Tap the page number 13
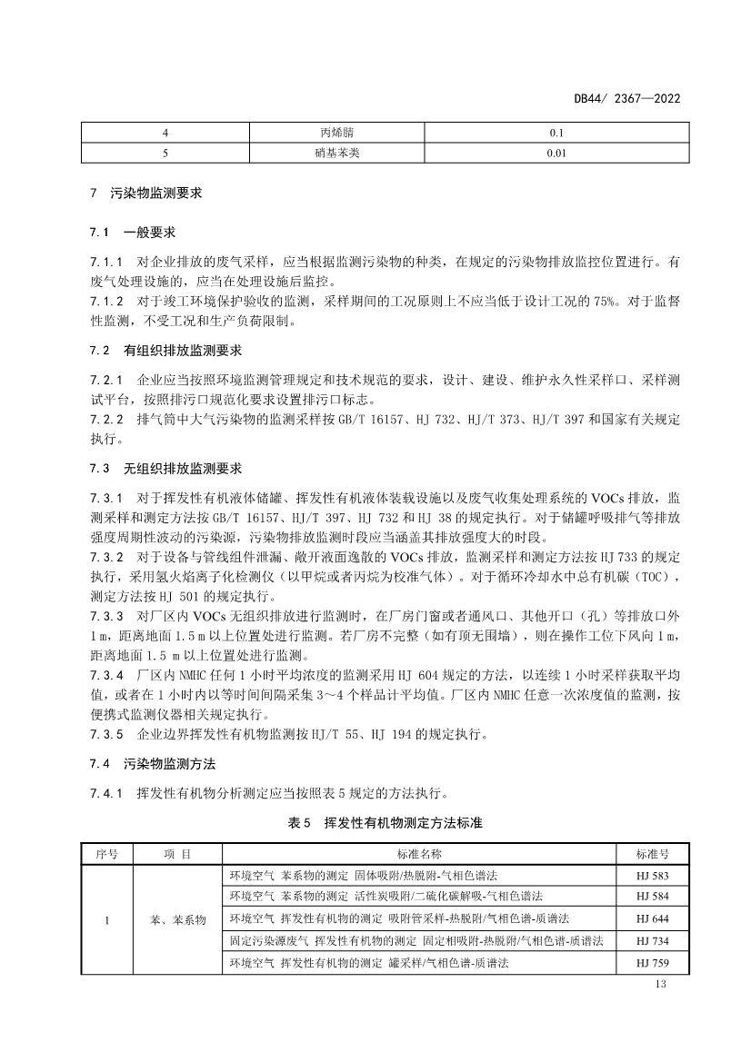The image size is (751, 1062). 661,987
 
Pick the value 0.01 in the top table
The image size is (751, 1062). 557,153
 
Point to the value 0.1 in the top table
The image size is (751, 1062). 557,132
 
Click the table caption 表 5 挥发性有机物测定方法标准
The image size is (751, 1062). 384,822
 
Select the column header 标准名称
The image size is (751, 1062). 419,855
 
